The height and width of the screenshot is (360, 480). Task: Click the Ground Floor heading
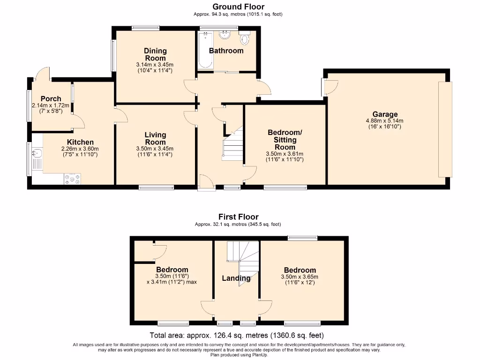[x=238, y=7]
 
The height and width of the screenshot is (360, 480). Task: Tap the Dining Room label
[x=155, y=54]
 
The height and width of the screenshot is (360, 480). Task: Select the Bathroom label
[x=226, y=51]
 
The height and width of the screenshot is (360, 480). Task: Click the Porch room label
[x=51, y=98]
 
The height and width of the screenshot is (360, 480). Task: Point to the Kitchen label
[x=80, y=142]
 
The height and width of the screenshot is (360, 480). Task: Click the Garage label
[x=385, y=114]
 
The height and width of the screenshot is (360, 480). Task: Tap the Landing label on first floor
[x=236, y=278]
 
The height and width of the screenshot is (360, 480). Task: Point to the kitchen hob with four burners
[x=72, y=178]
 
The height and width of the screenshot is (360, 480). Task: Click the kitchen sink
[x=37, y=154]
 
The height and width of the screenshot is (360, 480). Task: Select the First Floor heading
[x=238, y=217]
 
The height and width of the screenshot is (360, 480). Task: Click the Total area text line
[x=236, y=335]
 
